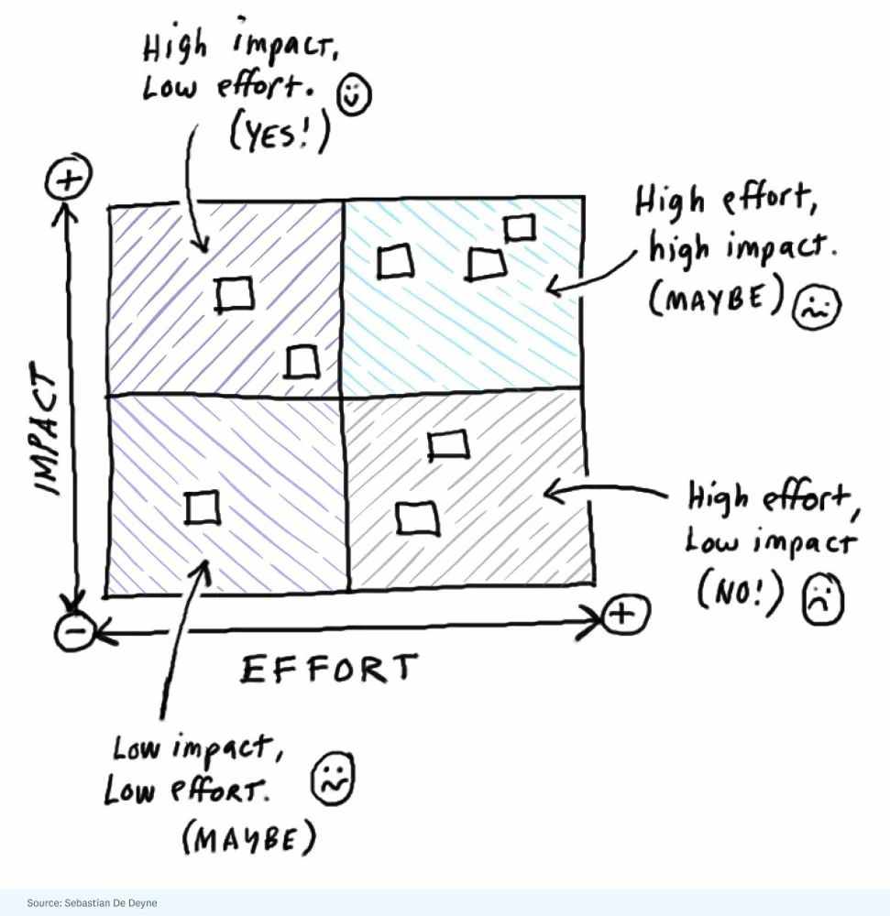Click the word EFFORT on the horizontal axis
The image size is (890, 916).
pyautogui.click(x=329, y=669)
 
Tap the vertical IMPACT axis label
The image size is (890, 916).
pyautogui.click(x=46, y=429)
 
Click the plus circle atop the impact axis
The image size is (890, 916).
pyautogui.click(x=69, y=176)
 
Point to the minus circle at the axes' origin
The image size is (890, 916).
pyautogui.click(x=74, y=631)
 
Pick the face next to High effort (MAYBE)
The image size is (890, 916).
pyautogui.click(x=816, y=306)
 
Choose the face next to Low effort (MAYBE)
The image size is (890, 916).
pyautogui.click(x=333, y=779)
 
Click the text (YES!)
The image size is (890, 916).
pyautogui.click(x=280, y=133)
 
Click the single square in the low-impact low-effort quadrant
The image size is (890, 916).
pyautogui.click(x=203, y=507)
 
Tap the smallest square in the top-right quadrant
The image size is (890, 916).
pyautogui.click(x=520, y=228)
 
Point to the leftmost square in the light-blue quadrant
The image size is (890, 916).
pyautogui.click(x=395, y=261)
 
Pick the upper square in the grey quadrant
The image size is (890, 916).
pyautogui.click(x=447, y=445)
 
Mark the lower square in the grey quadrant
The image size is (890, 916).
pyautogui.click(x=417, y=518)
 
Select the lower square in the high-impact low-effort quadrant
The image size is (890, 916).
pyautogui.click(x=302, y=362)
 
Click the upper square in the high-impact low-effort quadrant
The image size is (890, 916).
pyautogui.click(x=235, y=294)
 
